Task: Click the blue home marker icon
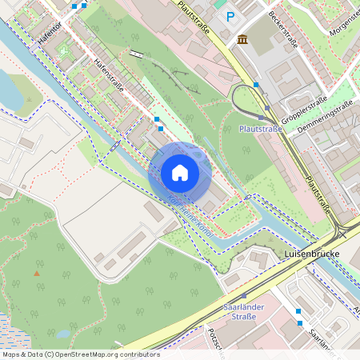tap(180, 172)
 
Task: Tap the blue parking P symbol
tap(231, 17)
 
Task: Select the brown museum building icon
tap(242, 40)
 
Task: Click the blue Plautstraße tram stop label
tap(262, 128)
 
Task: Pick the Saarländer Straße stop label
tap(237, 311)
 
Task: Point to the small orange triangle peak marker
tap(36, 274)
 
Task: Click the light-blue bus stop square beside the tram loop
tap(256, 84)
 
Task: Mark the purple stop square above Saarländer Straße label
tap(243, 295)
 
